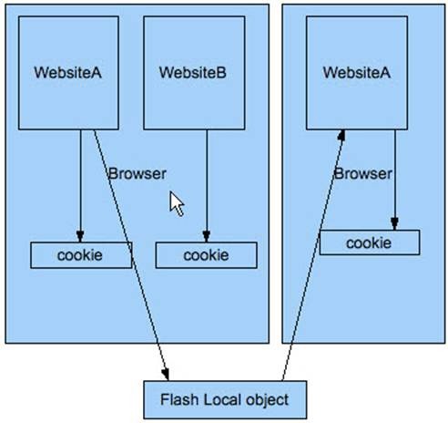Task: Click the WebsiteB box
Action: [194, 73]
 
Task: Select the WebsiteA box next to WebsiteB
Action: [68, 73]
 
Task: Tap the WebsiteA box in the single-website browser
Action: [357, 73]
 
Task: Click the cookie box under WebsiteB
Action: [207, 255]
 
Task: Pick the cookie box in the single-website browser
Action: [370, 242]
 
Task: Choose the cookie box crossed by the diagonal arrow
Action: [81, 255]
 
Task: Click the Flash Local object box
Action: [225, 399]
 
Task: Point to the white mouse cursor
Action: [176, 203]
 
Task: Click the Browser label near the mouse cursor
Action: [137, 174]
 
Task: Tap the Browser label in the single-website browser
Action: [362, 174]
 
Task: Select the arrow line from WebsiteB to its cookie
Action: [207, 186]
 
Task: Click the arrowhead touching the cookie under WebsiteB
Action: [207, 237]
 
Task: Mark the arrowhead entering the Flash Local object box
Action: [166, 375]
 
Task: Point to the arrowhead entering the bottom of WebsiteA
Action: [342, 135]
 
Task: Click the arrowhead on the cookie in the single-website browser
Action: [394, 224]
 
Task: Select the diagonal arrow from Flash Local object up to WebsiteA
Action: [313, 255]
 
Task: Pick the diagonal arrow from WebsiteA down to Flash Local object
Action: [131, 255]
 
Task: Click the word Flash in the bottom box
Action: [179, 399]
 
